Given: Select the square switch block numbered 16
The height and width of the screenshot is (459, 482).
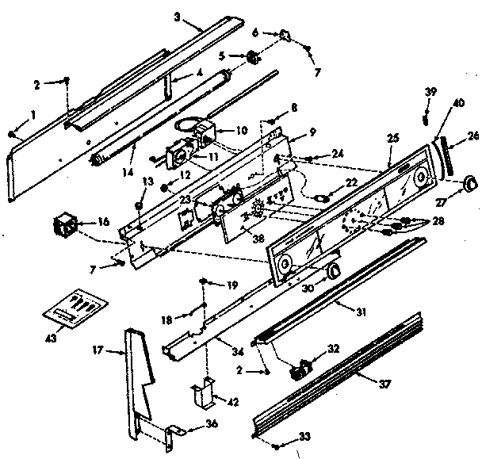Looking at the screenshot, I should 64,226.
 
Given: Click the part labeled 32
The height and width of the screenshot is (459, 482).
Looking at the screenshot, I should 300,370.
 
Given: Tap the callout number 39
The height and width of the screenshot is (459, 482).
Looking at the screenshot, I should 430,93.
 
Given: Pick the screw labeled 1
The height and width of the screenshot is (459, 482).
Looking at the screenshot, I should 11,132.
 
